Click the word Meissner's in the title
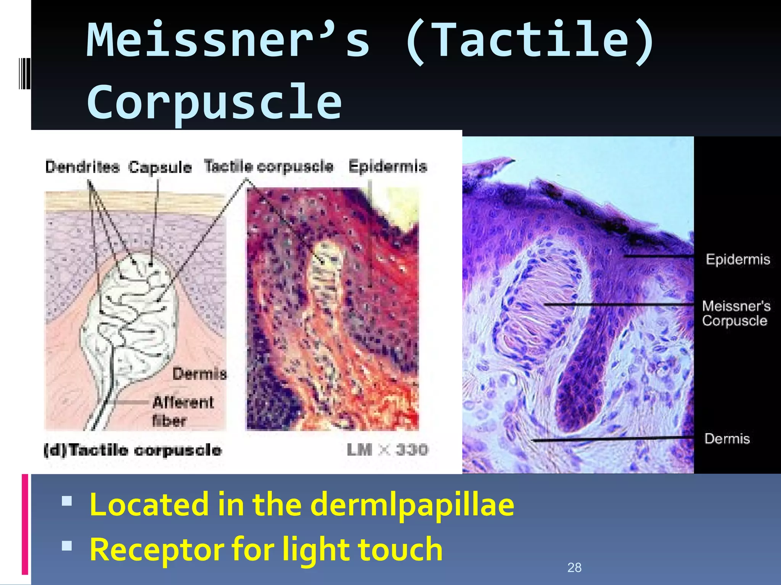click(228, 40)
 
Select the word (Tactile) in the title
click(529, 40)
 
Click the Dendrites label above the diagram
click(82, 167)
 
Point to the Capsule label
click(160, 167)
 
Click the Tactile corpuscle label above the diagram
click(268, 166)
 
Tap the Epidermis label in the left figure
click(387, 166)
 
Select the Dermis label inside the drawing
click(199, 374)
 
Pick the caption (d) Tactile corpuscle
click(132, 450)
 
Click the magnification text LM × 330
click(387, 450)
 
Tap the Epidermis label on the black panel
click(738, 259)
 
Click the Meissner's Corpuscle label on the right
click(736, 313)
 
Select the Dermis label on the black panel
click(727, 439)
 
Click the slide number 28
click(574, 567)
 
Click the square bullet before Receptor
click(67, 546)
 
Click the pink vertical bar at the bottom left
click(25, 524)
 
